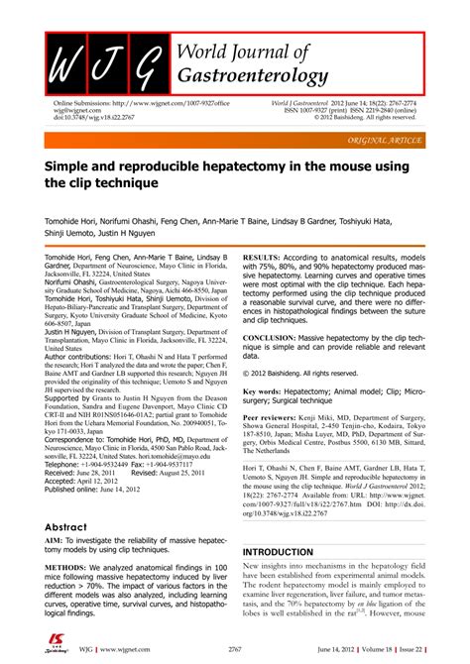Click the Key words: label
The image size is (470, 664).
pyautogui.click(x=267, y=391)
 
